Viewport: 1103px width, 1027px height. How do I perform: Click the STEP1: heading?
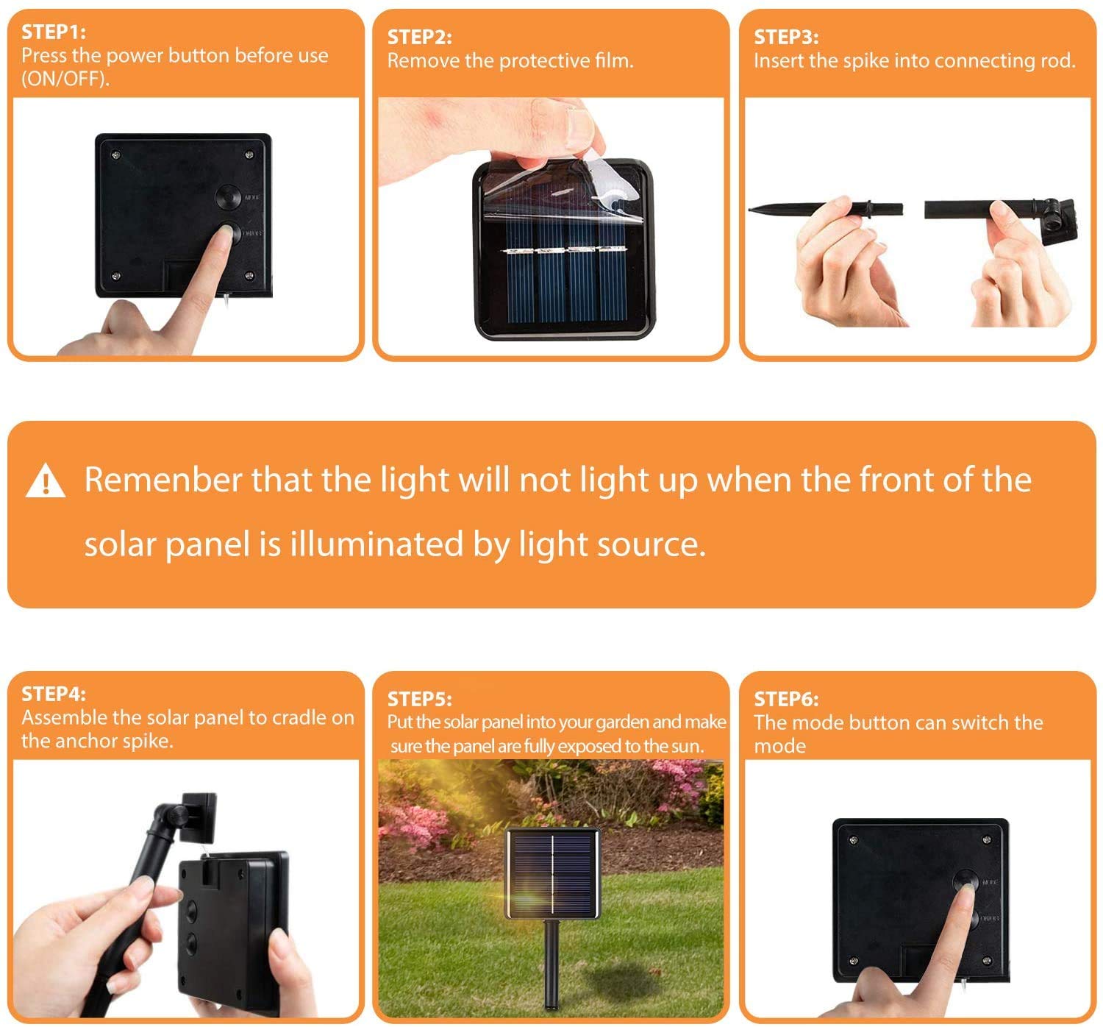click(54, 32)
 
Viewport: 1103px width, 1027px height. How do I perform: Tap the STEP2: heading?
click(420, 38)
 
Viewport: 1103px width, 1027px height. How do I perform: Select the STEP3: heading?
click(786, 38)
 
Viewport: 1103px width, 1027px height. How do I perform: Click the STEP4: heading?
click(54, 694)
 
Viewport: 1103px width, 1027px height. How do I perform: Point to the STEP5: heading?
click(420, 699)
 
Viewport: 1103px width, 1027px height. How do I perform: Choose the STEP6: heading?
click(786, 699)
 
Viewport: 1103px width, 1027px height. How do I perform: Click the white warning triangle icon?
click(46, 480)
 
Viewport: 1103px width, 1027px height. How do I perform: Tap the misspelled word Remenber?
click(163, 480)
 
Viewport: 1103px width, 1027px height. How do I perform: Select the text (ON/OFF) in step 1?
click(65, 79)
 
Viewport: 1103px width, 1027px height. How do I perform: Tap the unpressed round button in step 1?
click(228, 197)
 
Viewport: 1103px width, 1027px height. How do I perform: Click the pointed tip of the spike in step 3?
click(750, 210)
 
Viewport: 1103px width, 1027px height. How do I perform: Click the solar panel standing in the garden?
click(553, 873)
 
